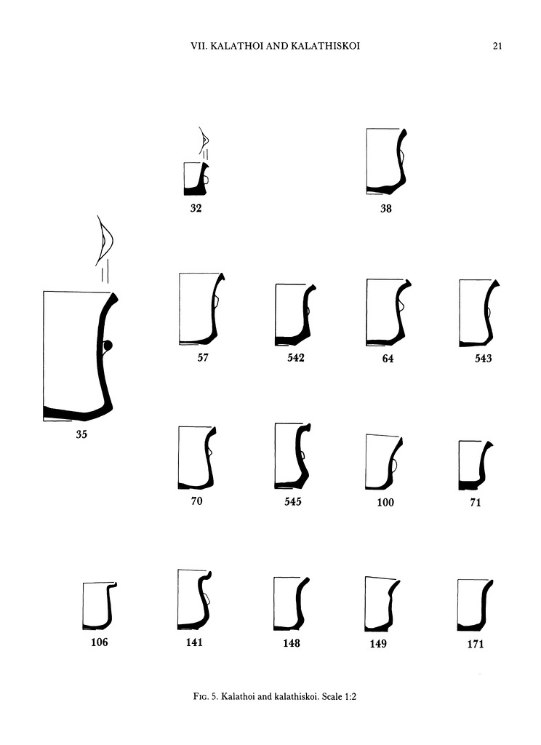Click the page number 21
coord(497,46)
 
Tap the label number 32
coord(196,208)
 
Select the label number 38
coord(385,209)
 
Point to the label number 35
coord(81,434)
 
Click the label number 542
coord(295,358)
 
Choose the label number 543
coord(483,358)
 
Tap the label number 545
coord(292,502)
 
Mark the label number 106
coord(100,642)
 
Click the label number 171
coord(476,645)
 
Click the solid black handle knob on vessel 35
coord(108,345)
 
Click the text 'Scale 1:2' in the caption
coord(339,697)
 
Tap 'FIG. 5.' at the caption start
coord(206,697)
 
